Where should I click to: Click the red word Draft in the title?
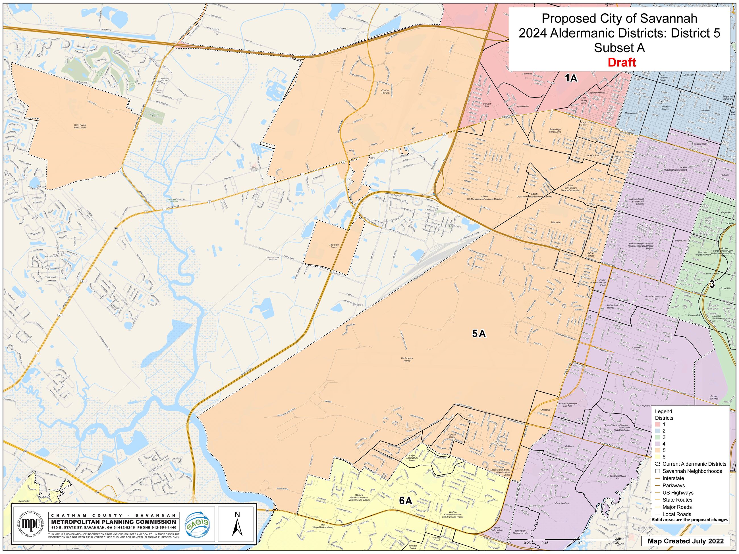(621, 63)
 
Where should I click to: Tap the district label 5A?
(479, 333)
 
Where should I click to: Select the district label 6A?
(406, 501)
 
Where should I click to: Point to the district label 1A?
(571, 78)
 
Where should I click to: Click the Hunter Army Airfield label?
(407, 359)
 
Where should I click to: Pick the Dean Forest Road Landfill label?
(80, 126)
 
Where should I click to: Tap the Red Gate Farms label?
(334, 246)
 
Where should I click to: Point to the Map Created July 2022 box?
(686, 541)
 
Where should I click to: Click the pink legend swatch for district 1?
(658, 424)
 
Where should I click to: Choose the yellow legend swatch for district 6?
(658, 457)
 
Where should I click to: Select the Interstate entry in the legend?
(673, 478)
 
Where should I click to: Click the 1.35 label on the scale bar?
(615, 543)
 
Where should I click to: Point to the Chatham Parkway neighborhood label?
(385, 91)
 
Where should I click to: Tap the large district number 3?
(712, 284)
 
